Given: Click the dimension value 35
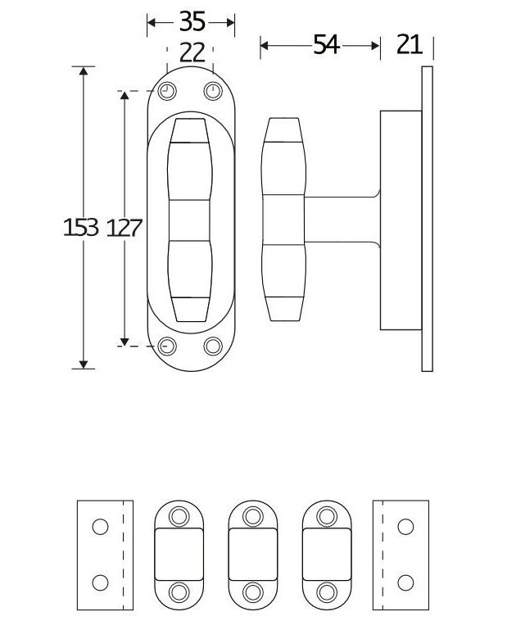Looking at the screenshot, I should coord(191,21).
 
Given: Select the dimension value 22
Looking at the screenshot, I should coord(191,52).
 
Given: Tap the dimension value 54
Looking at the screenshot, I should coord(325,45).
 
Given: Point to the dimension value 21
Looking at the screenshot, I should coord(409,45).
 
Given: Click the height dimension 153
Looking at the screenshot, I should coord(80,228).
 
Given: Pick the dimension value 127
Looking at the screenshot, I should coord(124,228).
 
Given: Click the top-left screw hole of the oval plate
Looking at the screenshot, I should coord(167,91).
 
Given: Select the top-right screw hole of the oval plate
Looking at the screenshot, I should coord(214,91).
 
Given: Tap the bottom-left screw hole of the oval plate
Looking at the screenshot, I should coord(167,346).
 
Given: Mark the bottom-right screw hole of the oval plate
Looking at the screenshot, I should coord(214,346).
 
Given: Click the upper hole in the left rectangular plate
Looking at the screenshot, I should coord(100,527).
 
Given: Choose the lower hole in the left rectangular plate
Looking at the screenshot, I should coord(100,582).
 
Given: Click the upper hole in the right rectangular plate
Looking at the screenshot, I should coord(403,527).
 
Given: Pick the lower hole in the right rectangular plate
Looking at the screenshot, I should coord(403,582).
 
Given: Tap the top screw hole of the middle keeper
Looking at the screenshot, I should coord(252,515).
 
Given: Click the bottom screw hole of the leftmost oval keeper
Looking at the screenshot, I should coord(179,592).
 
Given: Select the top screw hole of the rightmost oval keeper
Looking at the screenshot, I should coord(327,515).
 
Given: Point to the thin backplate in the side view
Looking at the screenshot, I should coord(427,218).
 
